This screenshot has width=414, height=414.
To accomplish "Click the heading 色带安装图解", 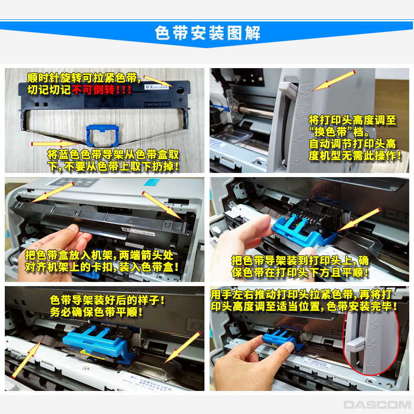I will [x=208, y=33].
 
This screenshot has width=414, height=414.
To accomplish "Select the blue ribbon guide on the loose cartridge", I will [x=100, y=136].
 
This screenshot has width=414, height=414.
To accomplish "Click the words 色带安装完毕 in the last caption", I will [x=362, y=306].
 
